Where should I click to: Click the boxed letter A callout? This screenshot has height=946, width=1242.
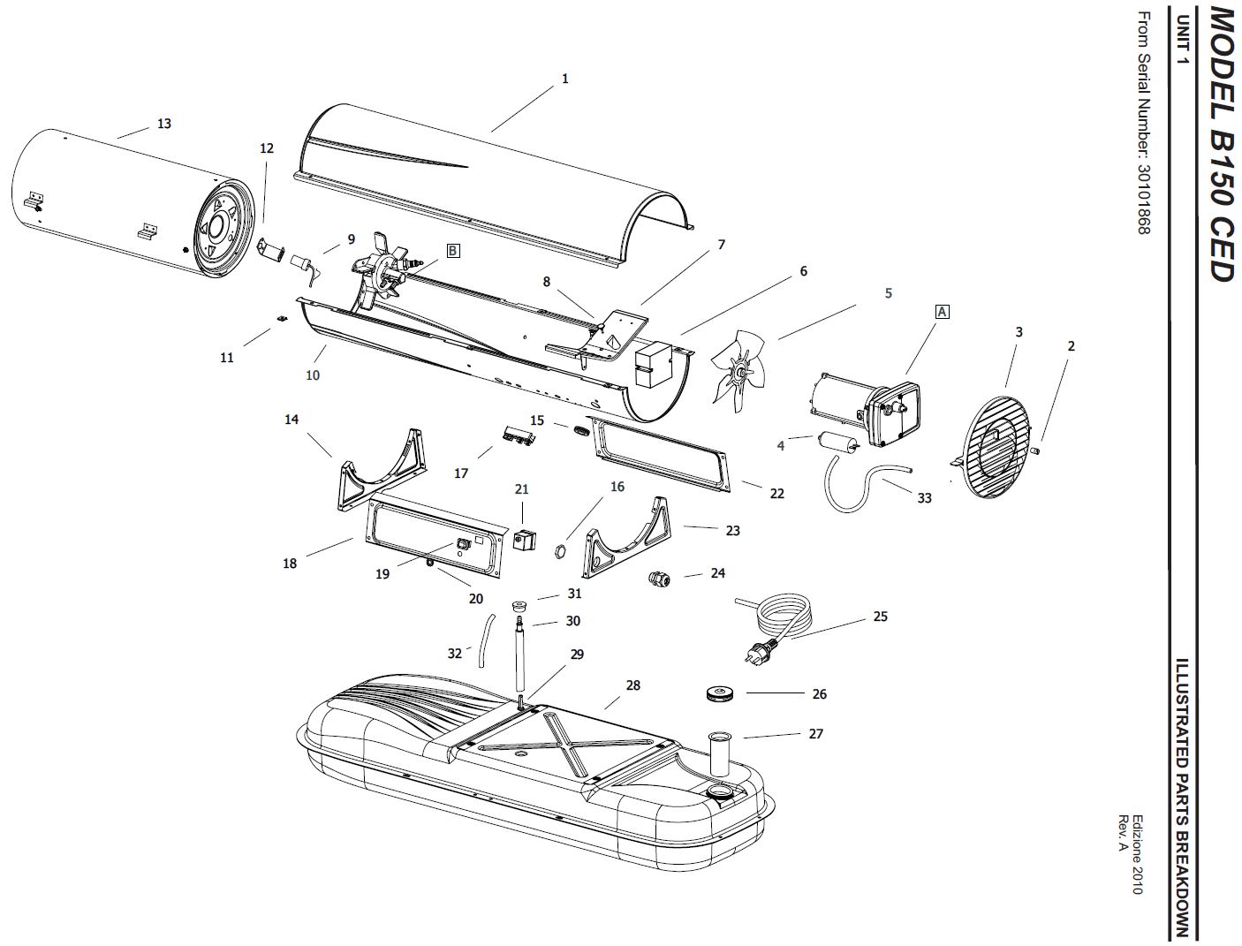(x=942, y=312)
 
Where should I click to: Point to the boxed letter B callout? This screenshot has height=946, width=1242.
(x=452, y=251)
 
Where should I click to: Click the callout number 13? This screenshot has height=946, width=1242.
(x=164, y=124)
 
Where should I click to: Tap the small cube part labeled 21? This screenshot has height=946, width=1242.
(x=525, y=539)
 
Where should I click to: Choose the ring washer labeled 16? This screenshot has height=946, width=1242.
(x=559, y=553)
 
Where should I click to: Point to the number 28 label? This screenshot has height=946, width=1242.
(x=632, y=685)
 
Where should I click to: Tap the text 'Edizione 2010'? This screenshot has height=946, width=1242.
(x=1137, y=853)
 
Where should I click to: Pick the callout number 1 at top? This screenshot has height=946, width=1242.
(x=565, y=79)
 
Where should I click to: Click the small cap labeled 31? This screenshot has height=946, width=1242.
(x=521, y=606)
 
